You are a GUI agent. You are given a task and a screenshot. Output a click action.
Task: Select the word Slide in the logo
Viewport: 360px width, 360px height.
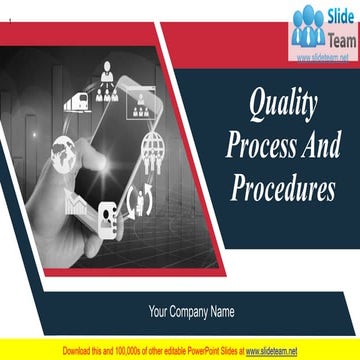[x=337, y=17]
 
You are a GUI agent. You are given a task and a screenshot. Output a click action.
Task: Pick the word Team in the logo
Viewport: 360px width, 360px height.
[x=338, y=37]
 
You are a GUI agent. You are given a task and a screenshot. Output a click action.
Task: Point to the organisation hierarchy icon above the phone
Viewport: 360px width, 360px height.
[x=107, y=77]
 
